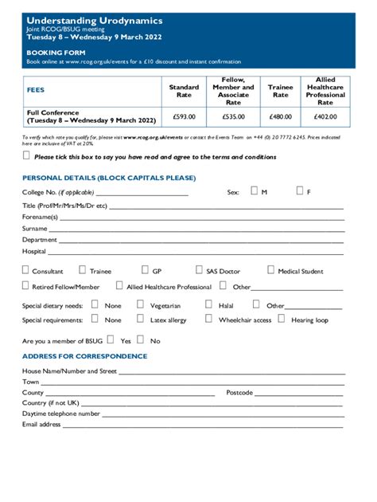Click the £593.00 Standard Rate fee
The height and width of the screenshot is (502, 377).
coord(184,116)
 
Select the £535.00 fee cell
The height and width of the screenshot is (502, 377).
coord(233,116)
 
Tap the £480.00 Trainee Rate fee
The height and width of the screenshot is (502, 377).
coord(281,116)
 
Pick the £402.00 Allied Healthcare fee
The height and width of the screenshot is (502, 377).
coord(325,116)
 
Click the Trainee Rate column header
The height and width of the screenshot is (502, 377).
coord(281,91)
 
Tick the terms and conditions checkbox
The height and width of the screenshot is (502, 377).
coord(26,156)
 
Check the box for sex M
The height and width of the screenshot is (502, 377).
coord(254,191)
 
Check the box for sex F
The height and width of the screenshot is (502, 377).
coord(299,191)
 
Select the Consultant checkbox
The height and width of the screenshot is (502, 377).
coord(25,270)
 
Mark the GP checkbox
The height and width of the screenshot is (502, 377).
coord(145,270)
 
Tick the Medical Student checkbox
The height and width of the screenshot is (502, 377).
coord(270,270)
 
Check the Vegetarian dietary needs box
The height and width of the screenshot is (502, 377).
coord(140,304)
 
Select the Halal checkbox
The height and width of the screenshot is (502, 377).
coord(208,304)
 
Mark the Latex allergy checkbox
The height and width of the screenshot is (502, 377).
coord(140,319)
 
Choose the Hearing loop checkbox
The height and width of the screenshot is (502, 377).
coord(280,319)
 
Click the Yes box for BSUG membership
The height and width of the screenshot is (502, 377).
coord(111,339)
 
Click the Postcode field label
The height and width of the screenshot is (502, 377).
coord(239,393)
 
